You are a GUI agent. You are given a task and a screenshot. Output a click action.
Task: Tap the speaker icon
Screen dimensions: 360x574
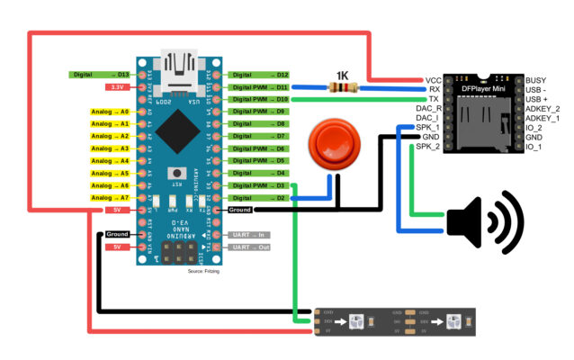pyautogui.click(x=484, y=222)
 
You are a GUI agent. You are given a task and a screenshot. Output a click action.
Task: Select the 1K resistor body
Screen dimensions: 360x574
pyautogui.click(x=344, y=88)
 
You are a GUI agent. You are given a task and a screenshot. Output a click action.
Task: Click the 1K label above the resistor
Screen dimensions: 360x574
pyautogui.click(x=342, y=74)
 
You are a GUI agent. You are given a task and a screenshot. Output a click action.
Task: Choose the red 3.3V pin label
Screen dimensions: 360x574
pyautogui.click(x=116, y=87)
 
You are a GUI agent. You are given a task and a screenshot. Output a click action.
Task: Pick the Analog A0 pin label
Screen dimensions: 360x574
pyautogui.click(x=111, y=112)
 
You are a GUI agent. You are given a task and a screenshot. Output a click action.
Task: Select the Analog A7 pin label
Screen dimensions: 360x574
pyautogui.click(x=111, y=197)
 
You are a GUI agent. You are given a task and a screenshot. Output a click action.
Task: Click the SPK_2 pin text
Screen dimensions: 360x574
pyautogui.click(x=428, y=146)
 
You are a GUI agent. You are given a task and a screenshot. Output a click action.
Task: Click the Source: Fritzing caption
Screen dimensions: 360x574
pyautogui.click(x=204, y=270)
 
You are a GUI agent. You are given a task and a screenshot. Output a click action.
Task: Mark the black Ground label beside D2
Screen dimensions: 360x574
pyautogui.click(x=240, y=210)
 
